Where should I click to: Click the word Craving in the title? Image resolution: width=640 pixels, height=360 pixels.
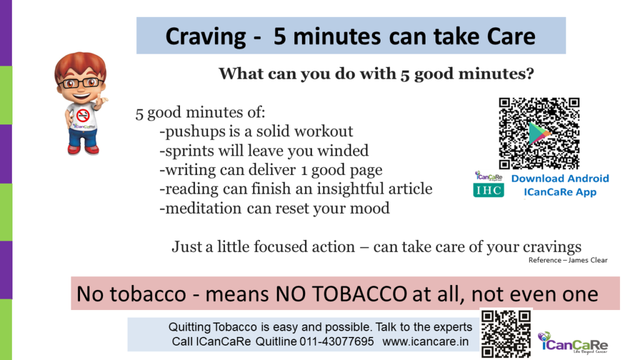[205, 37]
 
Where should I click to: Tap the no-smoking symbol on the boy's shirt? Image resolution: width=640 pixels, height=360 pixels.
[83, 115]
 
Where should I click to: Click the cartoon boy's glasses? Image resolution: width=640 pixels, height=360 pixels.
[81, 83]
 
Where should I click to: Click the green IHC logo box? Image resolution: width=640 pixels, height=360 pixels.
[489, 190]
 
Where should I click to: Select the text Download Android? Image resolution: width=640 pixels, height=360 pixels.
[560, 178]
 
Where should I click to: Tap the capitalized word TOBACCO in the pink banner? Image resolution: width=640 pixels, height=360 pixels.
[341, 294]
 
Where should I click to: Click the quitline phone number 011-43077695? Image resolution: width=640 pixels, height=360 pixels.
[337, 341]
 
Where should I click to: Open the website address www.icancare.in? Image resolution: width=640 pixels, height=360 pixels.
[425, 341]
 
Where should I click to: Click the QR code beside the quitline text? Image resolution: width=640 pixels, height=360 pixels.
[506, 334]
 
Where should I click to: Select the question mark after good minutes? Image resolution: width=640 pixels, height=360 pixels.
[529, 74]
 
